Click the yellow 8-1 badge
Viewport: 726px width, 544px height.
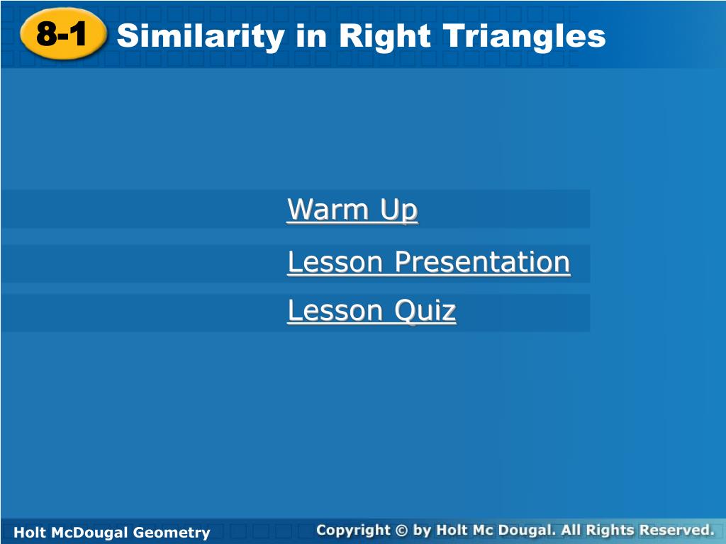(x=63, y=34)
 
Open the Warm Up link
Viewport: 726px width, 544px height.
(x=352, y=210)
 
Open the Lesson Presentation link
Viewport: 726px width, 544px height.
(x=429, y=262)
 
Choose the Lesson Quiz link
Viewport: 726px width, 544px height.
(x=372, y=310)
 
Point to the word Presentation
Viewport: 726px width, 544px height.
(x=482, y=262)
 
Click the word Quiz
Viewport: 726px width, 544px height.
(x=425, y=310)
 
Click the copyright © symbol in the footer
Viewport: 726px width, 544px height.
(x=401, y=530)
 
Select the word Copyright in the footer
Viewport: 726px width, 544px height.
(x=354, y=530)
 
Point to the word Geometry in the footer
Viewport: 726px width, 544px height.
(x=172, y=533)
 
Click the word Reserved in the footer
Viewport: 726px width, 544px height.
(x=676, y=530)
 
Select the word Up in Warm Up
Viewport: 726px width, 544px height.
(x=399, y=210)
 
